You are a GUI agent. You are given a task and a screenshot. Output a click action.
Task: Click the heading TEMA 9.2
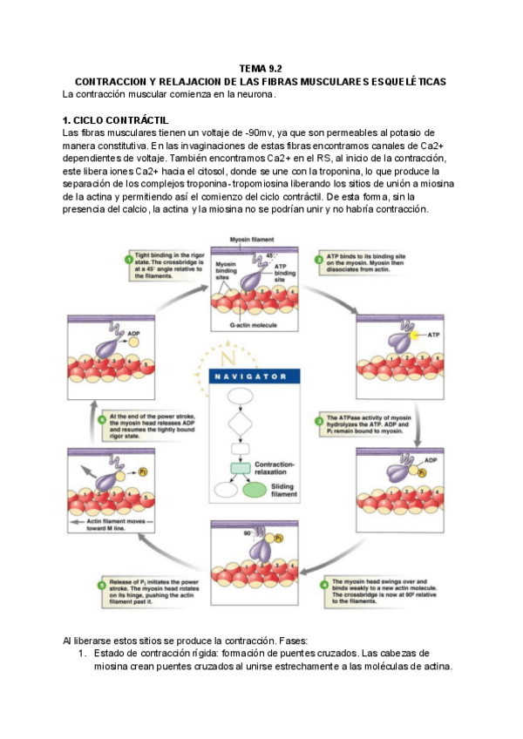[261, 68]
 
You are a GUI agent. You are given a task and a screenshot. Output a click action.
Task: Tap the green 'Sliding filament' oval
[254, 489]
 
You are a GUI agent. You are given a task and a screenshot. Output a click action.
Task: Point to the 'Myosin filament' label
[251, 239]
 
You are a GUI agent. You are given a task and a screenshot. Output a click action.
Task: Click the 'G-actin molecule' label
[254, 324]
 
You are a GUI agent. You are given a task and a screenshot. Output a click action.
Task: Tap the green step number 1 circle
[128, 258]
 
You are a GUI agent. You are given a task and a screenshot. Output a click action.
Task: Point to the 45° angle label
[270, 255]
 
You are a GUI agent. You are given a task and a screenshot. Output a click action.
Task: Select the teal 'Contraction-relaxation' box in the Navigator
[240, 468]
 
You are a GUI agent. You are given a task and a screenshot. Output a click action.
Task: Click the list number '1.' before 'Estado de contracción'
[83, 653]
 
